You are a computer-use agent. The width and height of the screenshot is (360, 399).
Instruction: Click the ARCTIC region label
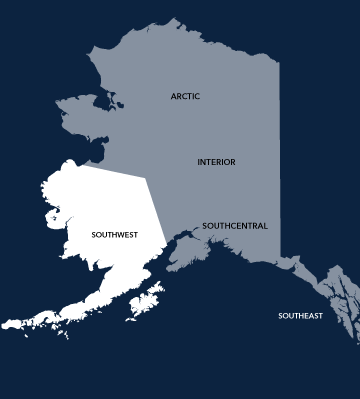tap(185, 96)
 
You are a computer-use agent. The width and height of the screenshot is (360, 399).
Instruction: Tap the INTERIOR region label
tap(216, 161)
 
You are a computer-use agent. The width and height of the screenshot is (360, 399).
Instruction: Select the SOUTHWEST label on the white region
tap(114, 235)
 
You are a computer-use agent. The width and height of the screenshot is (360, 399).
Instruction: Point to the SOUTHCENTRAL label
tap(235, 226)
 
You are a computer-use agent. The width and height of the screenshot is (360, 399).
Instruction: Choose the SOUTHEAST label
tap(300, 316)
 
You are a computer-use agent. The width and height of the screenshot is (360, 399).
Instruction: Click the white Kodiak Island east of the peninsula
tap(147, 300)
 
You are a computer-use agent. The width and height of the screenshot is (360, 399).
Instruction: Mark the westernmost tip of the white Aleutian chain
tap(4, 325)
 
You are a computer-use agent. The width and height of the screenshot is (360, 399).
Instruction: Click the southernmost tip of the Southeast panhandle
tap(356, 339)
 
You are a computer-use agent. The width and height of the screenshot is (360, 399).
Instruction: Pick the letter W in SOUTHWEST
tap(121, 235)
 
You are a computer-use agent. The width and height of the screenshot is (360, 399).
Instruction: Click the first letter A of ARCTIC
tap(172, 96)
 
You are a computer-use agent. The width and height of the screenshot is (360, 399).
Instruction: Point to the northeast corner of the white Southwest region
tap(146, 178)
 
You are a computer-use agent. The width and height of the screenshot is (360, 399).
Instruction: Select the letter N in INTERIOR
tap(202, 161)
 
